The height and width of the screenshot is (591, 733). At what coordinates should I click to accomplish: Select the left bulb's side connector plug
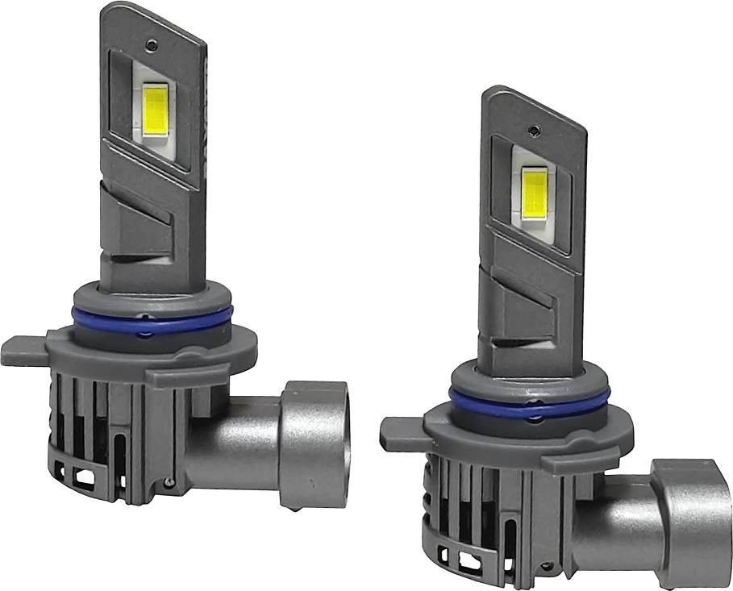pyautogui.click(x=315, y=443)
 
